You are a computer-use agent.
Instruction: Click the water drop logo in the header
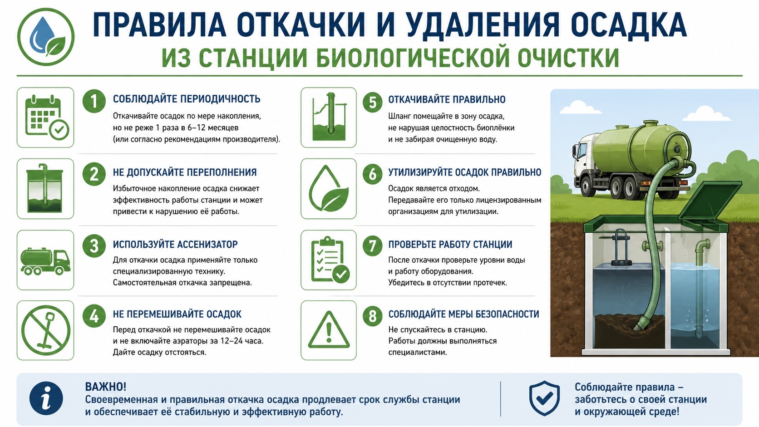[x=46, y=37]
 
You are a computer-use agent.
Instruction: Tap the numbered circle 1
[x=94, y=101]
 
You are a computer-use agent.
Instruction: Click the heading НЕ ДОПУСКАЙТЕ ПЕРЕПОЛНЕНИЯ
[x=185, y=172]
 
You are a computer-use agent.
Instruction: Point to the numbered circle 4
[x=94, y=315]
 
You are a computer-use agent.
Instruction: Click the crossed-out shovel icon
[x=45, y=330]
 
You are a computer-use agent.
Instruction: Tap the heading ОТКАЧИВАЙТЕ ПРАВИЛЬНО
[x=447, y=99]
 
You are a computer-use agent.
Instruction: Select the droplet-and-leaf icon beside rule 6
[x=329, y=189]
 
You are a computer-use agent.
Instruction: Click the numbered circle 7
[x=372, y=246]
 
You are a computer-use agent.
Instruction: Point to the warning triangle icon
[x=329, y=330]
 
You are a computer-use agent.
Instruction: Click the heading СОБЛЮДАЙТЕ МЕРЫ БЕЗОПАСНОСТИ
[x=463, y=314]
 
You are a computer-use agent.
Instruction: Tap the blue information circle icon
[x=46, y=398]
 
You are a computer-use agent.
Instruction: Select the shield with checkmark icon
[x=545, y=398]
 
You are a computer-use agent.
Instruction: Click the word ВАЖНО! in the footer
[x=106, y=387]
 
